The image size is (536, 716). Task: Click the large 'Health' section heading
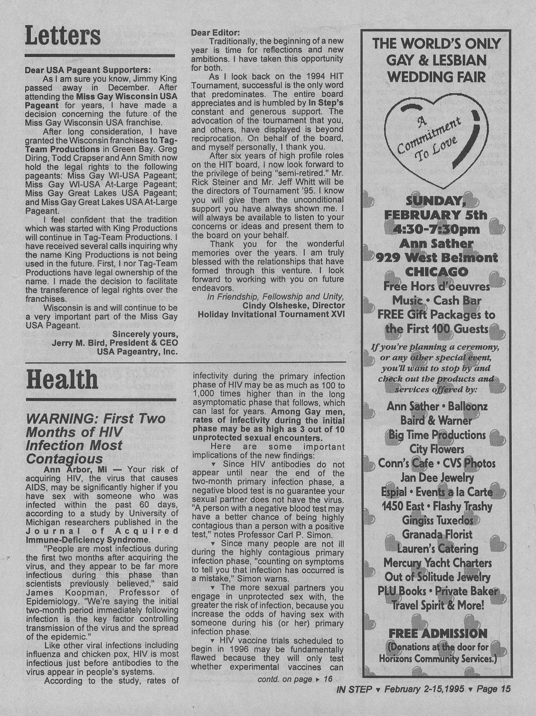tap(62, 380)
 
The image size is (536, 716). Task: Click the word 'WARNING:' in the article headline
tap(58, 419)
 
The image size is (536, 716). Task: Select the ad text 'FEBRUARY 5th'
tap(435, 215)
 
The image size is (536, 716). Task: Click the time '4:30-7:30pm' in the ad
tap(435, 229)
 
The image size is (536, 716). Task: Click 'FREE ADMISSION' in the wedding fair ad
tap(438, 633)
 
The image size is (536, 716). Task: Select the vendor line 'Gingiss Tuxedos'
tap(438, 520)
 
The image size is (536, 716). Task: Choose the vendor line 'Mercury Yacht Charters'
tap(438, 563)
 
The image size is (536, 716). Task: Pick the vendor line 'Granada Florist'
tap(438, 534)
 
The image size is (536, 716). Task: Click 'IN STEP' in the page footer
tap(353, 689)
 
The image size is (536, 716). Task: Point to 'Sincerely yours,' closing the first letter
tap(145, 334)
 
